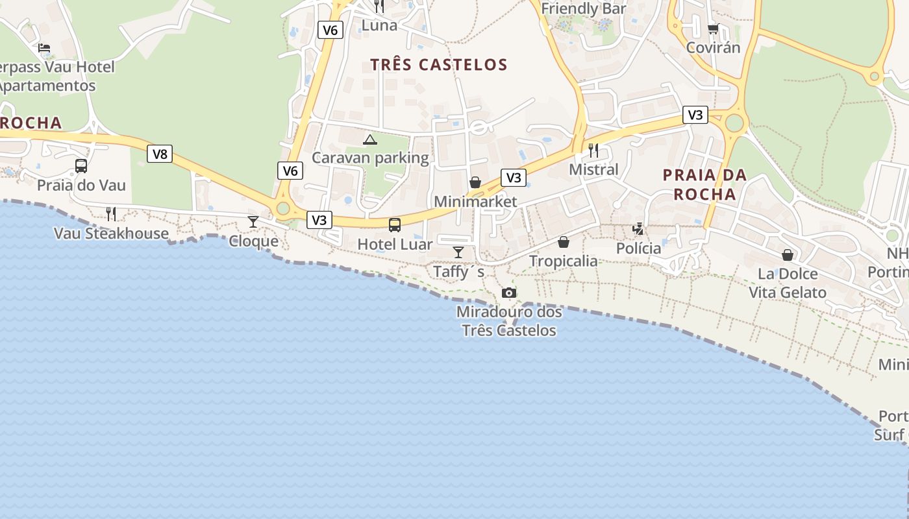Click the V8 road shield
(x=160, y=154)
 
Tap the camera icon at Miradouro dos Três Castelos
(x=509, y=293)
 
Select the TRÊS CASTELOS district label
(x=439, y=64)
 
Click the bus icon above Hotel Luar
(x=394, y=225)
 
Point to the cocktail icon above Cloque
(x=253, y=222)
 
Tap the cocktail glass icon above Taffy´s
(x=458, y=252)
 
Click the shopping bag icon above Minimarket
(x=475, y=182)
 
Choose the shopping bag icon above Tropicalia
(x=563, y=242)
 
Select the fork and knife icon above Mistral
(x=593, y=151)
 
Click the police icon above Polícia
(x=638, y=229)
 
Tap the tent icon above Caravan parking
(x=370, y=139)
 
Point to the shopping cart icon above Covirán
(x=713, y=29)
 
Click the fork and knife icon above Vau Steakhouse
(x=111, y=214)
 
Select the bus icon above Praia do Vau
(x=81, y=166)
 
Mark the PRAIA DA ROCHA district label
(x=704, y=184)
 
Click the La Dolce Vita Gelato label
(x=788, y=283)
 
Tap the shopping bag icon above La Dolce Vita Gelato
(x=788, y=255)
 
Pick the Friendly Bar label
(x=584, y=8)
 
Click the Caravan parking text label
(x=370, y=158)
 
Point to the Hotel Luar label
(x=395, y=245)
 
